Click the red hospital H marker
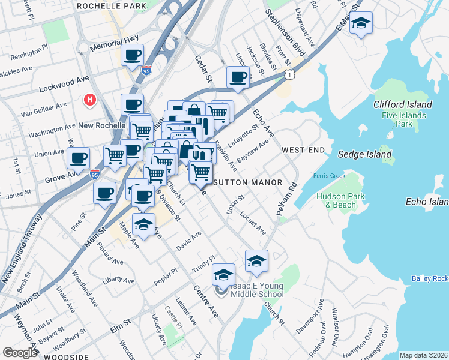pos(90,99)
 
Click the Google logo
pos(20,352)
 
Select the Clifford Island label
pos(402,104)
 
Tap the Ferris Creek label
pos(329,176)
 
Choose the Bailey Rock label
pos(430,278)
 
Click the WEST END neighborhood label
pos(303,149)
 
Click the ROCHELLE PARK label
pos(112,6)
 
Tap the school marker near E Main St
pos(361,24)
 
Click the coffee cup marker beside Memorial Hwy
pos(132,56)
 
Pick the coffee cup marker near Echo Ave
pos(238,77)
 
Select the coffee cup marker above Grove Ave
pos(78,159)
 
